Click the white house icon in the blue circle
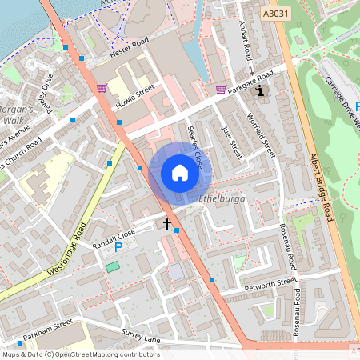click(x=180, y=173)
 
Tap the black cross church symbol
click(x=168, y=224)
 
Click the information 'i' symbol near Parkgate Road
click(x=260, y=91)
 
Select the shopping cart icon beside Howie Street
click(x=102, y=88)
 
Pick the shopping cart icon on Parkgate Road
click(x=221, y=90)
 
